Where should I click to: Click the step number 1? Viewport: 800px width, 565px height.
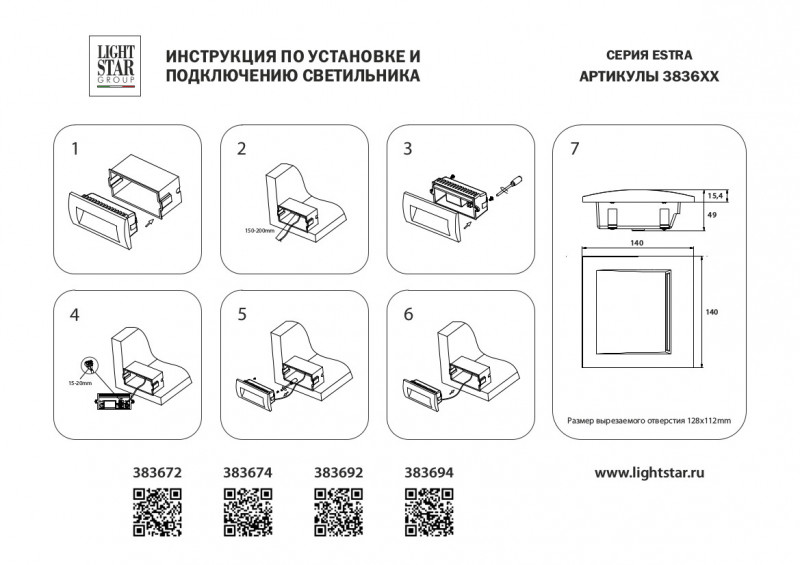76,150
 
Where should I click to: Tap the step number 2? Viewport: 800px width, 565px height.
242,150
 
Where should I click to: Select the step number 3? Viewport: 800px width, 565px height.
407,150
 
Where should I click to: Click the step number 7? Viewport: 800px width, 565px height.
574,150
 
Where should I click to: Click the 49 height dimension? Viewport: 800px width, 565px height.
711,215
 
